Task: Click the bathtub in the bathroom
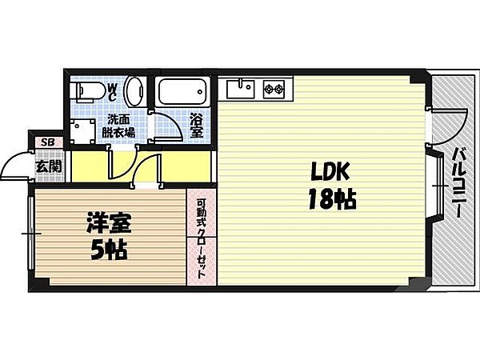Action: pyautogui.click(x=183, y=91)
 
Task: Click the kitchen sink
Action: pyautogui.click(x=242, y=86)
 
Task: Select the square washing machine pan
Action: pyautogui.click(x=82, y=130)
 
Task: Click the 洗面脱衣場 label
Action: pyautogui.click(x=122, y=126)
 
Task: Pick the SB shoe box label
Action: pyautogui.click(x=46, y=142)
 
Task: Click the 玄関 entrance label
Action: pyautogui.click(x=47, y=166)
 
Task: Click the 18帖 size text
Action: pyautogui.click(x=328, y=200)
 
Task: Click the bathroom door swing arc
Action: pyautogui.click(x=167, y=128)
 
